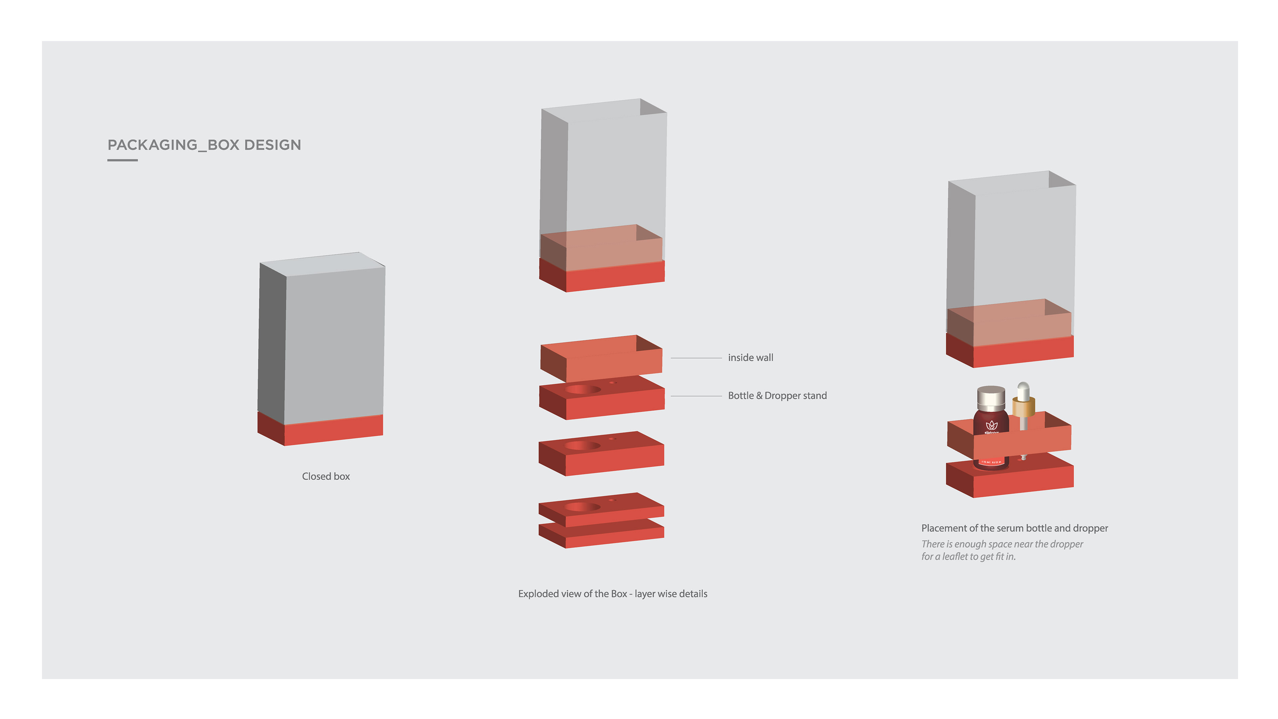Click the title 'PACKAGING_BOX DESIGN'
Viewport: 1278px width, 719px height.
coord(204,145)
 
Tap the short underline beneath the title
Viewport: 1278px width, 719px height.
coord(122,160)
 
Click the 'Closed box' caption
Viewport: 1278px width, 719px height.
coord(325,476)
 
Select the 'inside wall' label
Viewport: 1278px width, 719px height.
coord(750,358)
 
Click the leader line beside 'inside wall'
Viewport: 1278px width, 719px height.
coord(696,358)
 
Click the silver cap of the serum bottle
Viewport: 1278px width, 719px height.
coord(991,397)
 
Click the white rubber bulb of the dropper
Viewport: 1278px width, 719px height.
coord(1023,389)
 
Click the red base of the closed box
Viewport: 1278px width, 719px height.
coord(332,430)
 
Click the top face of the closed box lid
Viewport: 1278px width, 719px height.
coord(322,263)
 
